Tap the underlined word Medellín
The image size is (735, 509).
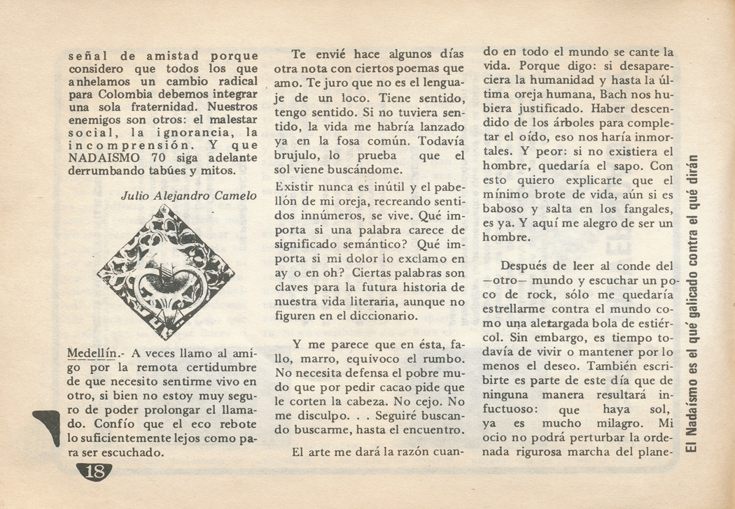[91, 351]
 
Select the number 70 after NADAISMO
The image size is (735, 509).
[154, 157]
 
